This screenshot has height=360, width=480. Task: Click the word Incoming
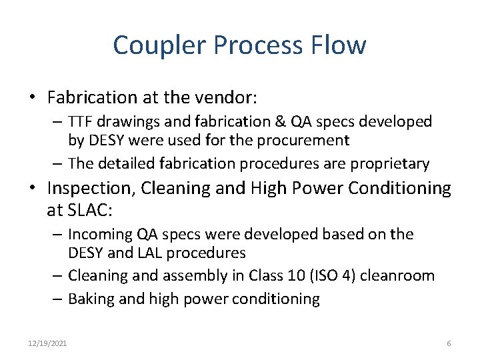point(99,235)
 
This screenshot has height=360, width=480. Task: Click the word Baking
point(91,299)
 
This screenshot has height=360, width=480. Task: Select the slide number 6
point(449,343)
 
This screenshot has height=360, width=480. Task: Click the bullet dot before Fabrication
point(32,98)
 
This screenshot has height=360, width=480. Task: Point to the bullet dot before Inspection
point(32,189)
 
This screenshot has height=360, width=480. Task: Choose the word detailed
point(127,163)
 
